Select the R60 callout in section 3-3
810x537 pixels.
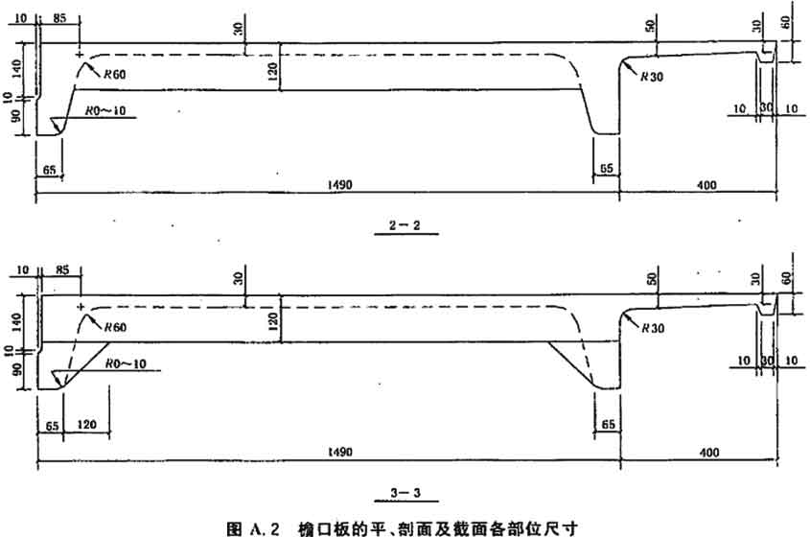pyautogui.click(x=115, y=327)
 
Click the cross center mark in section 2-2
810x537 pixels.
pyautogui.click(x=79, y=56)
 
